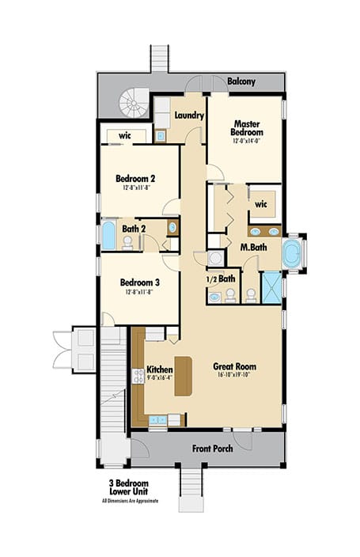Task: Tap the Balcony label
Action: click(x=242, y=81)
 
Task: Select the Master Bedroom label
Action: click(x=246, y=127)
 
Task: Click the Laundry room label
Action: click(x=190, y=116)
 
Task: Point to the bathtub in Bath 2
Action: click(x=109, y=235)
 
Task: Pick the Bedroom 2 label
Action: click(x=135, y=179)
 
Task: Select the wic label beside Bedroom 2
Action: click(x=125, y=135)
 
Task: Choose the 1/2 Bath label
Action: click(x=220, y=278)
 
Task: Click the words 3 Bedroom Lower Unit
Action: click(x=135, y=486)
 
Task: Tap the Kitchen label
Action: click(x=160, y=369)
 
